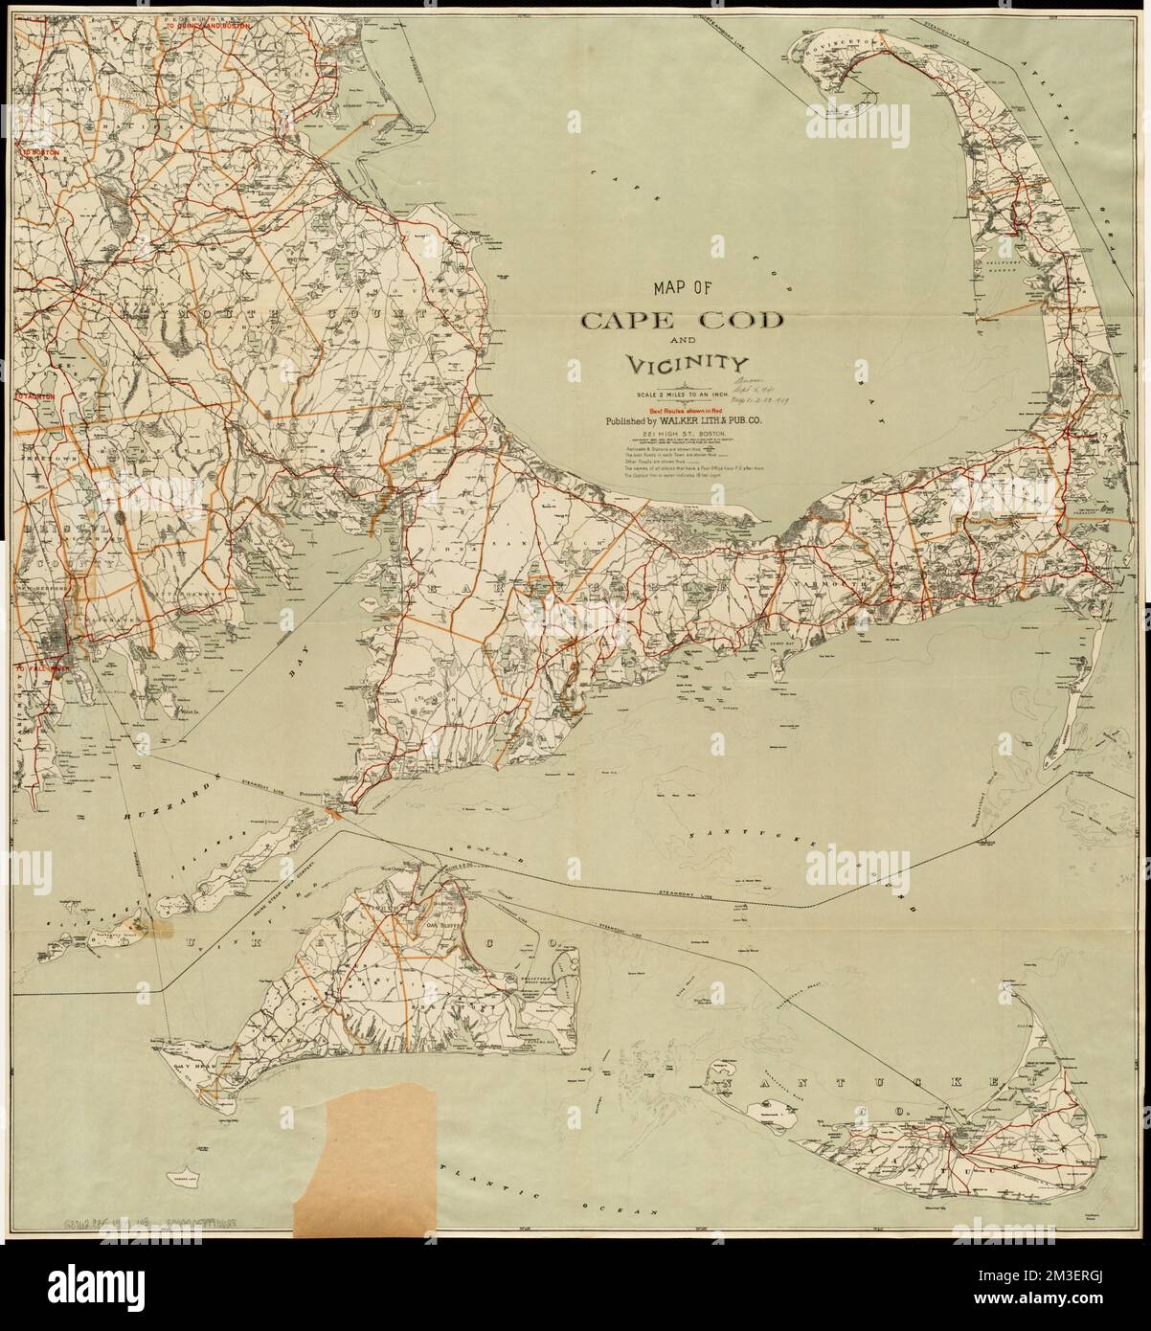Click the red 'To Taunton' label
(x=33, y=395)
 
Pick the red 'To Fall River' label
(x=35, y=669)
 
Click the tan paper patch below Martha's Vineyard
(x=364, y=1168)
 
